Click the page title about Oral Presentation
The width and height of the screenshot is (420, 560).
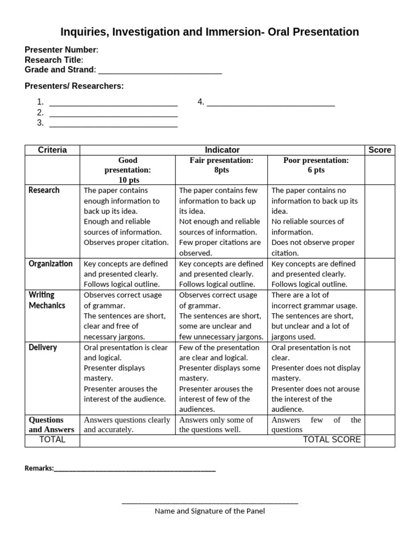pyautogui.click(x=209, y=32)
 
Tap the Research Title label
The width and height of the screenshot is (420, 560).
pyautogui.click(x=54, y=60)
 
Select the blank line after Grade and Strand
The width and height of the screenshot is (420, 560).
pyautogui.click(x=160, y=71)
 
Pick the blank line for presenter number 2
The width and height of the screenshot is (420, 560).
pyautogui.click(x=113, y=113)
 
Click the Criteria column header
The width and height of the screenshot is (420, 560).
pyautogui.click(x=52, y=150)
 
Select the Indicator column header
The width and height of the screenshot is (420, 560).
pyautogui.click(x=222, y=150)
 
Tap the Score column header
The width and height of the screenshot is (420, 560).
pyautogui.click(x=380, y=150)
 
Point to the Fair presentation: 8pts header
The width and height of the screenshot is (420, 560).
pyautogui.click(x=221, y=165)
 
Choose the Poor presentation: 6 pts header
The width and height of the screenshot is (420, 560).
pyautogui.click(x=316, y=165)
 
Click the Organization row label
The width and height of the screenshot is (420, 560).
pyautogui.click(x=50, y=264)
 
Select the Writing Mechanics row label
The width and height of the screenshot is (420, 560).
pyautogui.click(x=46, y=300)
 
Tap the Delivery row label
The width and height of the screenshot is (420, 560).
pyautogui.click(x=43, y=347)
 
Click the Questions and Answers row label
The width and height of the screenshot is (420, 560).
pyautogui.click(x=51, y=425)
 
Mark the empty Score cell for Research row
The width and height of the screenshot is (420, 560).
pyautogui.click(x=380, y=221)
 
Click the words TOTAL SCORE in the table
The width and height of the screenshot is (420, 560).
pyautogui.click(x=331, y=440)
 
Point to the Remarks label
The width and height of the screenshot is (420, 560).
pyautogui.click(x=39, y=468)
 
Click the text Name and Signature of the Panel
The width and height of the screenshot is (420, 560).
pyautogui.click(x=209, y=511)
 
